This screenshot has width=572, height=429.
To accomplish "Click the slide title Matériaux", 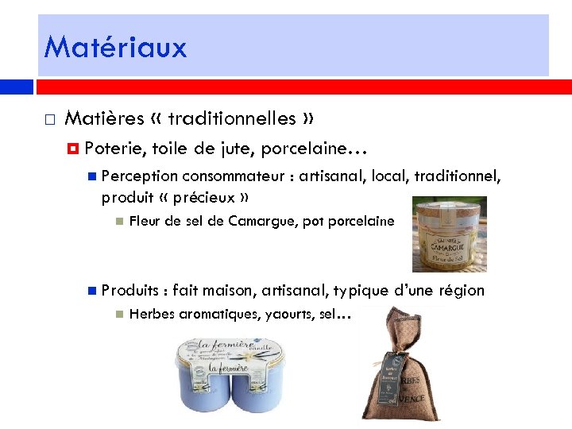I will pyautogui.click(x=115, y=47).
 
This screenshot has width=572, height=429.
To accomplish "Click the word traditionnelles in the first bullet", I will pyautogui.click(x=231, y=118).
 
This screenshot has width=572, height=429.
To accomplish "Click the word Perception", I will pyautogui.click(x=139, y=176).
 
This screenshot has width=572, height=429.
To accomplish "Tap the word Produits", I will pyautogui.click(x=131, y=290).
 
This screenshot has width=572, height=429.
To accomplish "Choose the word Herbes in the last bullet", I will pyautogui.click(x=153, y=315).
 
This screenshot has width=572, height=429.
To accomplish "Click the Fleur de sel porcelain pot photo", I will pyautogui.click(x=449, y=235).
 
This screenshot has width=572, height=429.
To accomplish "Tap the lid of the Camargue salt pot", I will pyautogui.click(x=450, y=208).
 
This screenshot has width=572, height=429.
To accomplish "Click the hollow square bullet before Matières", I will pyautogui.click(x=49, y=120).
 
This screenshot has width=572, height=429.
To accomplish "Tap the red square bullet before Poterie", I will pyautogui.click(x=74, y=149).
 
